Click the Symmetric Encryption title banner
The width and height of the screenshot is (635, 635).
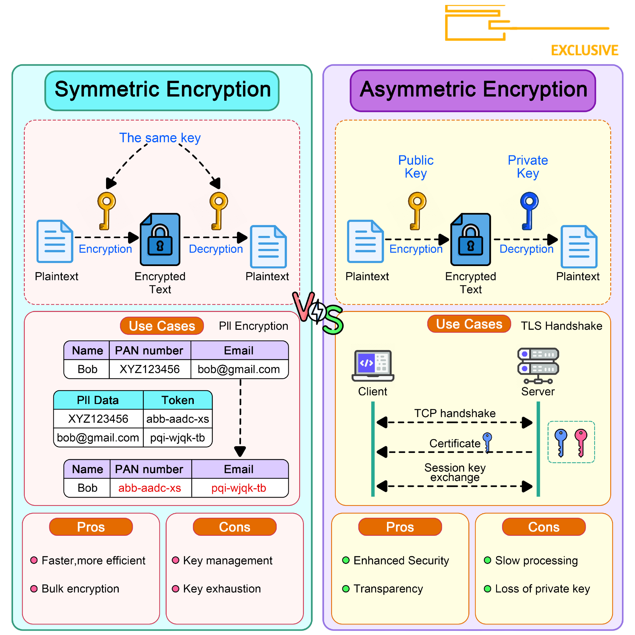pyautogui.click(x=162, y=90)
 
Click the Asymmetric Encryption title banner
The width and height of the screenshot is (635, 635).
pyautogui.click(x=473, y=90)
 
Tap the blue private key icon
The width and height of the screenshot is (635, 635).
pyautogui.click(x=529, y=210)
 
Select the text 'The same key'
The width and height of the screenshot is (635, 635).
pyautogui.click(x=160, y=138)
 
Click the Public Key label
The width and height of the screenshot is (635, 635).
pyautogui.click(x=416, y=167)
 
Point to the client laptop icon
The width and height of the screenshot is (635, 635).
pyautogui.click(x=373, y=365)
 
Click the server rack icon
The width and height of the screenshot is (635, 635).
pyautogui.click(x=538, y=365)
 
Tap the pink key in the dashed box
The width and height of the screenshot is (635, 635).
pyautogui.click(x=581, y=442)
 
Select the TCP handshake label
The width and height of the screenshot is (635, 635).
pyautogui.click(x=455, y=413)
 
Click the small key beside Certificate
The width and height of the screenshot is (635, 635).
pyautogui.click(x=487, y=442)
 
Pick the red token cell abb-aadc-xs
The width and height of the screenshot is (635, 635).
pyautogui.click(x=149, y=488)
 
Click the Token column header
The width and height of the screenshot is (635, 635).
pyautogui.click(x=178, y=400)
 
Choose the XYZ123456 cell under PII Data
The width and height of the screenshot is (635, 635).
pyautogui.click(x=98, y=419)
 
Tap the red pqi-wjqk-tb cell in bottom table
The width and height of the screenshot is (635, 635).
pyautogui.click(x=239, y=488)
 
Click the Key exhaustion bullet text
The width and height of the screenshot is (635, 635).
pyautogui.click(x=222, y=589)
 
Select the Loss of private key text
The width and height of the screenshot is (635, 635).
pyautogui.click(x=542, y=589)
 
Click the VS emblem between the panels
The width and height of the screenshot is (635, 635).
pyautogui.click(x=317, y=312)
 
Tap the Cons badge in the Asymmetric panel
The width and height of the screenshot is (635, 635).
pyautogui.click(x=544, y=527)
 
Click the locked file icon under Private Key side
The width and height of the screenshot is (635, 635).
pyautogui.click(x=470, y=239)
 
